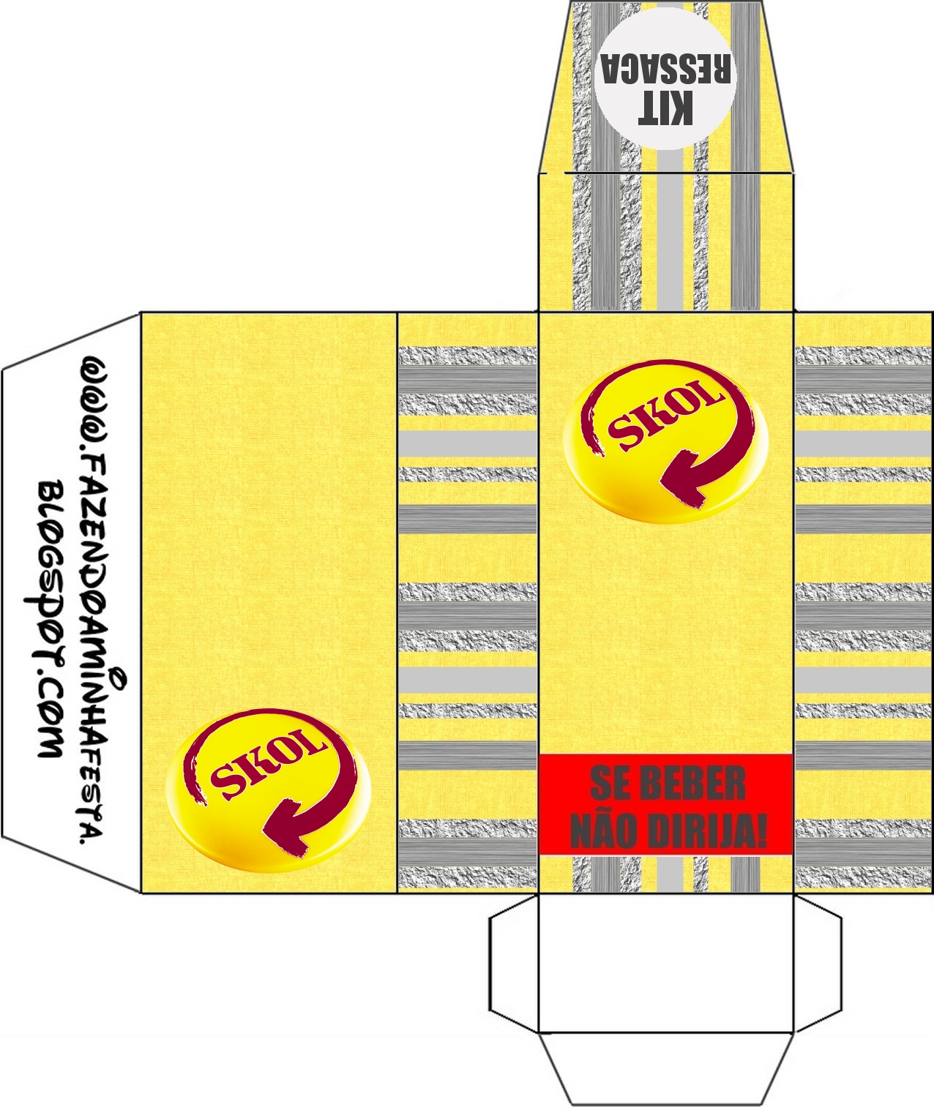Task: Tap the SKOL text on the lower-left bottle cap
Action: (267, 761)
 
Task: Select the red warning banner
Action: (666, 805)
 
